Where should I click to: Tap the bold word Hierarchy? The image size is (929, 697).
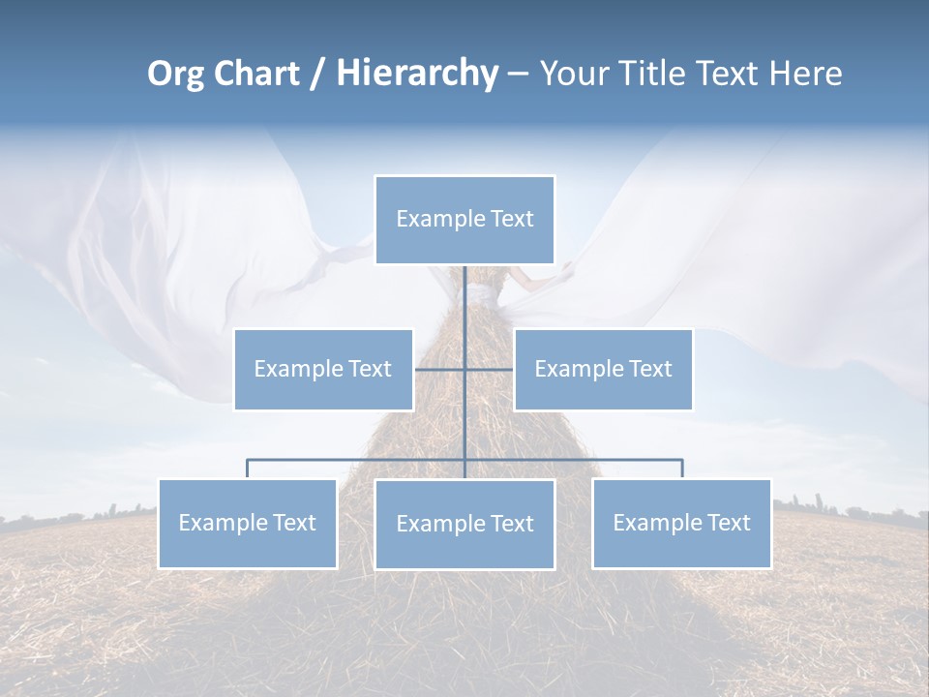pyautogui.click(x=417, y=74)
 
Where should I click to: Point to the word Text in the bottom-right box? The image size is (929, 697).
pyautogui.click(x=729, y=523)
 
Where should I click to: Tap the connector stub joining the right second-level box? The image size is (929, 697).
pyautogui.click(x=490, y=369)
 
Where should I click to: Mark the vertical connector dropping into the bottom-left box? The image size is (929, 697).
pyautogui.click(x=248, y=469)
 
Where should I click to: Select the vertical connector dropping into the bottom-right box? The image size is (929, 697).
pyautogui.click(x=682, y=469)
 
